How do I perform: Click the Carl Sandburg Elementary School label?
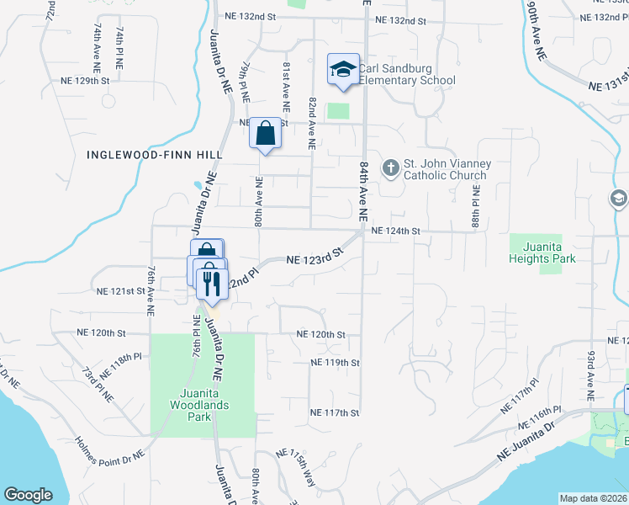click(x=407, y=75)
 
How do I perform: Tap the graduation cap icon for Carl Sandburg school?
click(x=343, y=69)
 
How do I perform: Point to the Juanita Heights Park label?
click(x=542, y=252)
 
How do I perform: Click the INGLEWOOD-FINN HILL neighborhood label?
click(x=154, y=155)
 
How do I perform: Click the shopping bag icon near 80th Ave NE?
click(x=266, y=133)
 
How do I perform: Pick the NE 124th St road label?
click(x=394, y=231)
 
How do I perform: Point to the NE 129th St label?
click(x=86, y=81)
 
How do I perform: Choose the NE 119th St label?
click(x=335, y=363)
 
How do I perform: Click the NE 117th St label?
click(x=335, y=412)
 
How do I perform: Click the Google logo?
click(x=27, y=495)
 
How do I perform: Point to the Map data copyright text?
click(x=593, y=498)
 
